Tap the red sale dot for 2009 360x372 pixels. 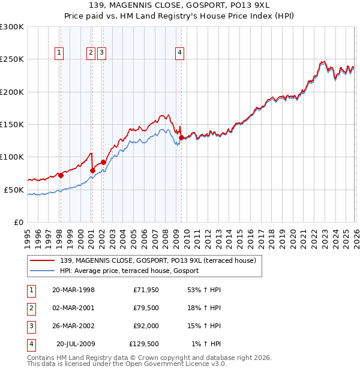pyautogui.click(x=181, y=137)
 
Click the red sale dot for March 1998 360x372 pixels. pyautogui.click(x=61, y=175)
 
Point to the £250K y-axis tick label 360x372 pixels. pyautogui.click(x=11, y=59)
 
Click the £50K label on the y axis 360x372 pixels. pyautogui.click(x=14, y=190)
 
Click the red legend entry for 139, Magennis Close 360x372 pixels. pyautogui.click(x=158, y=260)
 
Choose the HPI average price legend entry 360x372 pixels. pyautogui.click(x=133, y=271)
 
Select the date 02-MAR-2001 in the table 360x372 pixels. pyautogui.click(x=73, y=308)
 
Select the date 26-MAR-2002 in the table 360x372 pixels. pyautogui.click(x=73, y=326)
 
